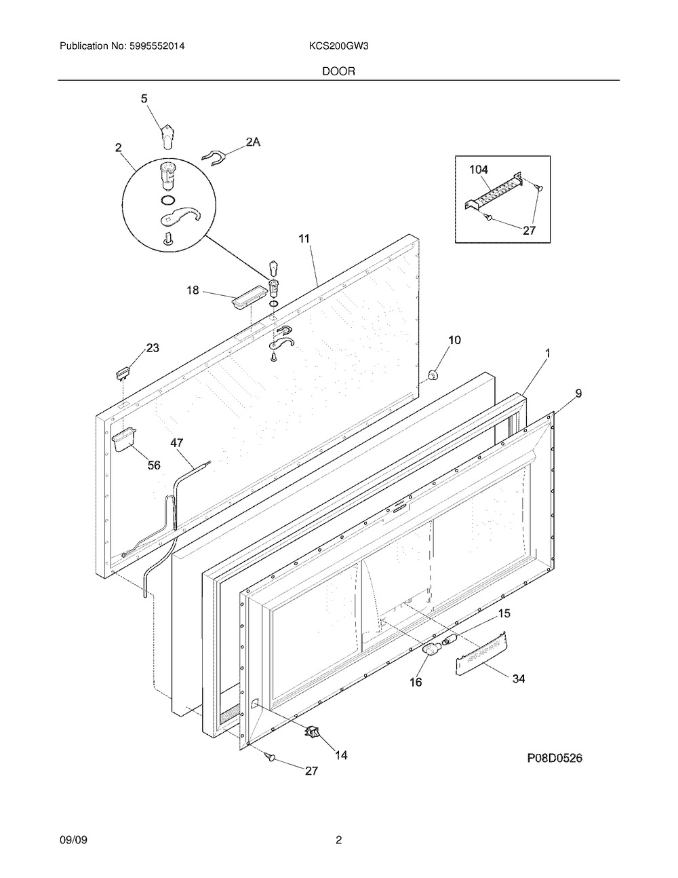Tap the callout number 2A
point(253,142)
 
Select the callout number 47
point(177,443)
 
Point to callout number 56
point(155,465)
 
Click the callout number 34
point(518,678)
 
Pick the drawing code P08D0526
point(555,759)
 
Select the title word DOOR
point(339,71)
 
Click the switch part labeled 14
point(314,731)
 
